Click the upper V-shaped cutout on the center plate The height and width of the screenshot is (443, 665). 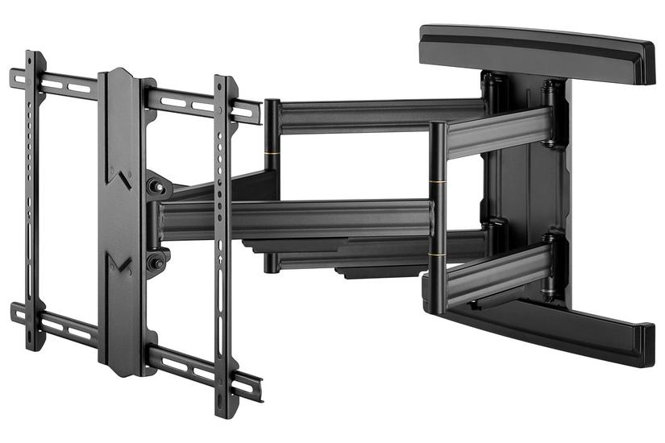(121, 178)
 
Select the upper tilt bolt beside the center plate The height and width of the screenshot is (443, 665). (155, 187)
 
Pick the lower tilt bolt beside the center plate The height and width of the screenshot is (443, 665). (155, 260)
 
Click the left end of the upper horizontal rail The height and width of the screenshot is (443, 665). (15, 76)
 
